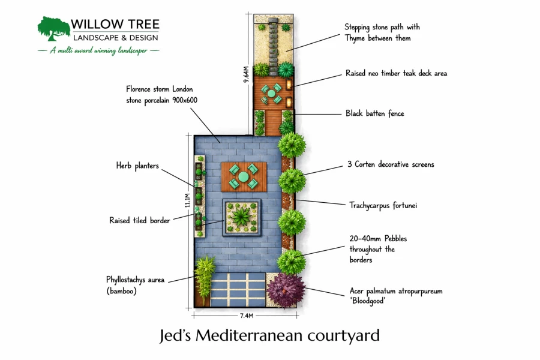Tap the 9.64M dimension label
click(x=246, y=74)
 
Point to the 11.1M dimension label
click(x=187, y=200)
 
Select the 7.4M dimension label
click(x=247, y=316)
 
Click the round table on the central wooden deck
click(x=244, y=177)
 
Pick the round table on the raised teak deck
click(x=271, y=94)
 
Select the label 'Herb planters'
click(x=137, y=166)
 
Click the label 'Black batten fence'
click(x=374, y=113)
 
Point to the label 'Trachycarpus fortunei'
click(x=383, y=205)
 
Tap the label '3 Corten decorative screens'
click(x=391, y=164)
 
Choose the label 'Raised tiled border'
click(x=139, y=220)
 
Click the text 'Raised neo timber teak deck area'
click(x=396, y=73)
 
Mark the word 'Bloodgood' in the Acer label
click(x=368, y=301)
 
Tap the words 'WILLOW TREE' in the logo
click(x=115, y=24)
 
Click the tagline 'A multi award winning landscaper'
click(x=98, y=50)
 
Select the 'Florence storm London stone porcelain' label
click(x=161, y=95)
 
